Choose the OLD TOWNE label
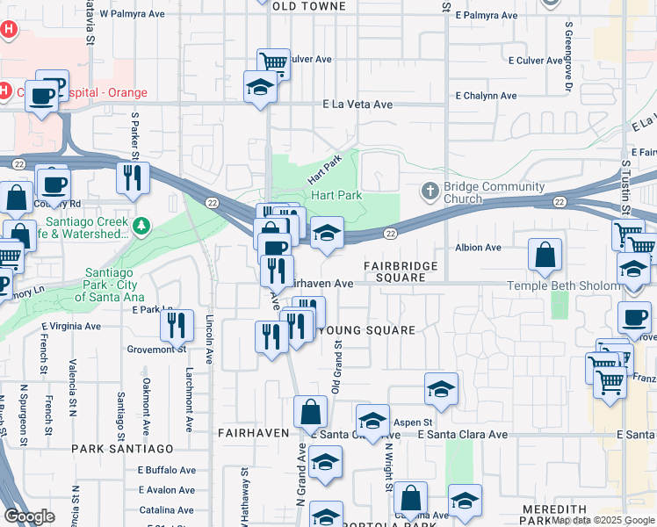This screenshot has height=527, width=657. click(x=303, y=6)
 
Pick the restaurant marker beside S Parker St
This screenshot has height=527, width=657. click(x=133, y=177)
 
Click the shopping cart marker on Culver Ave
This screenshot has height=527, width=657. click(x=273, y=62)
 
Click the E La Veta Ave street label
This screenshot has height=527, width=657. click(x=357, y=105)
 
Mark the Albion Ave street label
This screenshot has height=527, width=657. click(x=478, y=248)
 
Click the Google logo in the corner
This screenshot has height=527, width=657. click(x=28, y=516)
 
